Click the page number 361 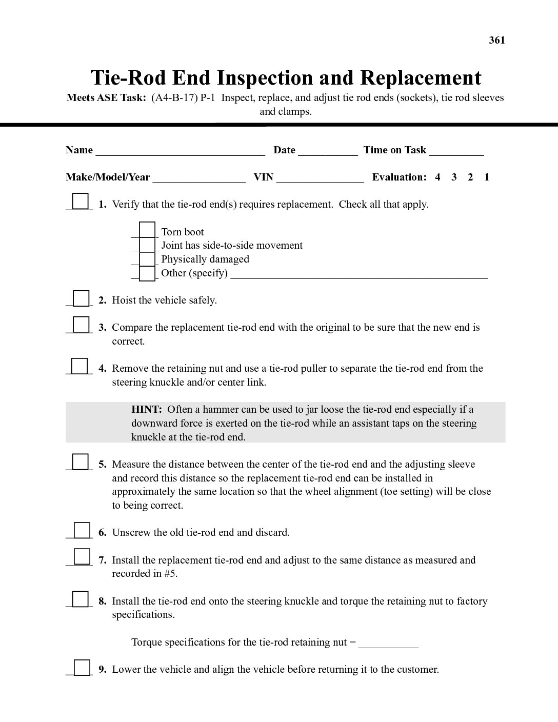tap(496, 40)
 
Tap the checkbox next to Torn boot tap(147, 230)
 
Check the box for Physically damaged tap(147, 258)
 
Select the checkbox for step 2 tap(81, 298)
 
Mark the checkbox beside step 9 tap(82, 668)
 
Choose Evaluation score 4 tap(437, 177)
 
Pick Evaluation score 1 tap(486, 177)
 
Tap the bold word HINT tap(147, 410)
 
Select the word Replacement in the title tap(421, 78)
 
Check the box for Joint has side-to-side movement tap(147, 245)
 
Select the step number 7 tap(103, 560)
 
